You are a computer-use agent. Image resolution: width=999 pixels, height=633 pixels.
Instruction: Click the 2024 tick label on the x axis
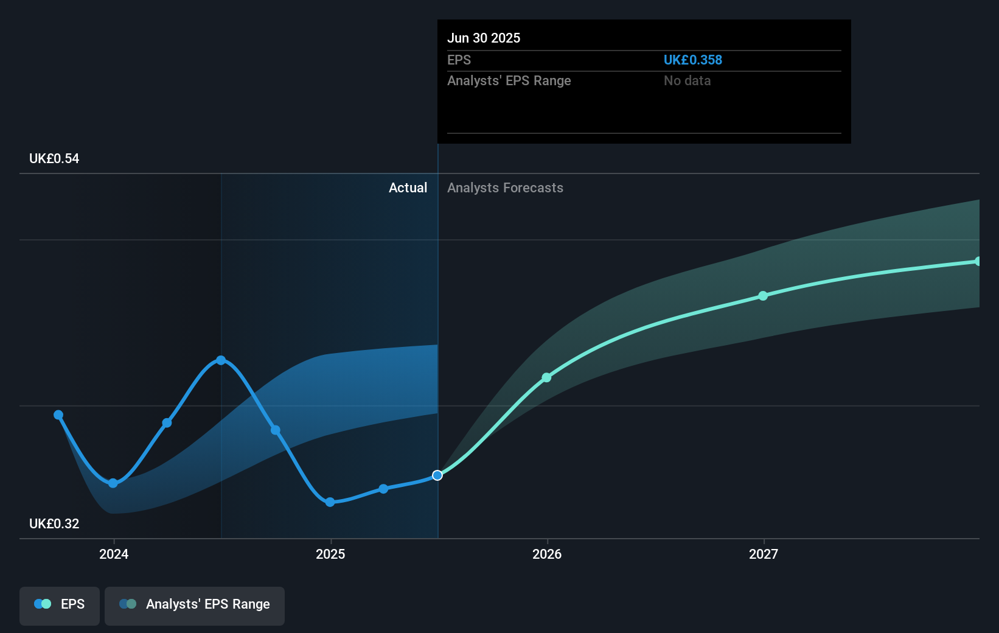114,554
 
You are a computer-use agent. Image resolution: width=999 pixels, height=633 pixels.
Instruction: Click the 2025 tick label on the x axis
330,554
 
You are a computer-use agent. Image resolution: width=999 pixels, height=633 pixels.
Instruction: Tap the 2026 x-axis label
547,554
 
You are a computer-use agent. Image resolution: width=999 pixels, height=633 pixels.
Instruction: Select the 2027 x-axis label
764,554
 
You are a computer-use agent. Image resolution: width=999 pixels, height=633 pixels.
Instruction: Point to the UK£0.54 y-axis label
54,159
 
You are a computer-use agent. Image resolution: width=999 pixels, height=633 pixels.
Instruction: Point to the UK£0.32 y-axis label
54,524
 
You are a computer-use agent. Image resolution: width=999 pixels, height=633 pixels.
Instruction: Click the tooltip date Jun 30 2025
484,38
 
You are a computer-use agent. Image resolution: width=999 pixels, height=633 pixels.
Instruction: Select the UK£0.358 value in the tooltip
692,60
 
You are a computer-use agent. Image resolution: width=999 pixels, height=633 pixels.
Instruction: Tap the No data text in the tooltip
687,81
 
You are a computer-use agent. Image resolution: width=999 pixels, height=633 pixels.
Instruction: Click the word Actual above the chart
408,188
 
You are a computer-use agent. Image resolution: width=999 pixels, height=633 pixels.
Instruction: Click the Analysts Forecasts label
505,188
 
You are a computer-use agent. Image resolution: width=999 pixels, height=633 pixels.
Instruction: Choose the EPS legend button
60,604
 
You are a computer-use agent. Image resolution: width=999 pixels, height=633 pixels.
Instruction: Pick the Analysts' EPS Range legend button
195,604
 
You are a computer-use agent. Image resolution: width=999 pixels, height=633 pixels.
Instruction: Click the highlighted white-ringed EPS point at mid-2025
437,475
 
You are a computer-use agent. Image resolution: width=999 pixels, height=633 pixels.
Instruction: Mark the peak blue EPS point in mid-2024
221,360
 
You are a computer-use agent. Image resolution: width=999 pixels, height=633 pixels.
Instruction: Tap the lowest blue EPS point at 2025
330,502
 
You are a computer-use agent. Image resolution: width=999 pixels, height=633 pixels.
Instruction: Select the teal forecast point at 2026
546,378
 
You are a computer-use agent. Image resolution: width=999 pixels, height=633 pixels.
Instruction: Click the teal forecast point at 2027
763,296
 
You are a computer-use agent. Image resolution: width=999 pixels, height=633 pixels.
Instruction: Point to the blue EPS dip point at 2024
113,483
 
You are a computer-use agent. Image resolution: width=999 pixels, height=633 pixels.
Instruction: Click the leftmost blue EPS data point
58,415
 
